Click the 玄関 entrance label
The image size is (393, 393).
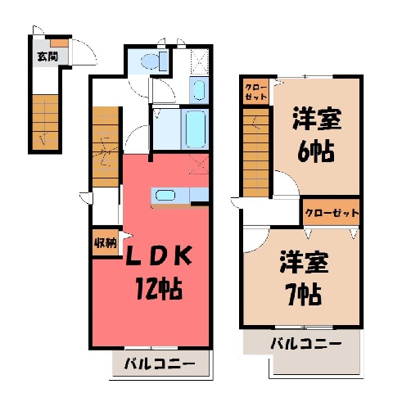coord(47,56)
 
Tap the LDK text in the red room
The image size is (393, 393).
coord(158,256)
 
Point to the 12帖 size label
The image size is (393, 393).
coord(159,289)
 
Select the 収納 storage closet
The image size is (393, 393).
coord(106,242)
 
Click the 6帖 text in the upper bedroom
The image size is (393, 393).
coord(315,152)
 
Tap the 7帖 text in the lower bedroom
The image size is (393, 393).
coord(303,294)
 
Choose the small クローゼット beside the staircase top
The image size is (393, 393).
coord(255,92)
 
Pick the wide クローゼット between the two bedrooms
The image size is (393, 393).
coord(332,212)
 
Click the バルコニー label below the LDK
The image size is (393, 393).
coord(160,364)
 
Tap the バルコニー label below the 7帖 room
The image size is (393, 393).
coord(306,344)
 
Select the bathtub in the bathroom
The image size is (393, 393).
coord(195,129)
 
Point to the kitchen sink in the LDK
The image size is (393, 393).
coord(165,196)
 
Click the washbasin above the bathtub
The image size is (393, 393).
coord(199,90)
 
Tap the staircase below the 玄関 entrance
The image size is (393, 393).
coord(46,122)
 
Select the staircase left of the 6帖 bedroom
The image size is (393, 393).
coord(255,152)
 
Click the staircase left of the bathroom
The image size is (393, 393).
coord(106,147)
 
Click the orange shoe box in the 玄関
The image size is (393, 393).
coord(59,43)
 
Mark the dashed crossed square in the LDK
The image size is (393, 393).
coord(198,164)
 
